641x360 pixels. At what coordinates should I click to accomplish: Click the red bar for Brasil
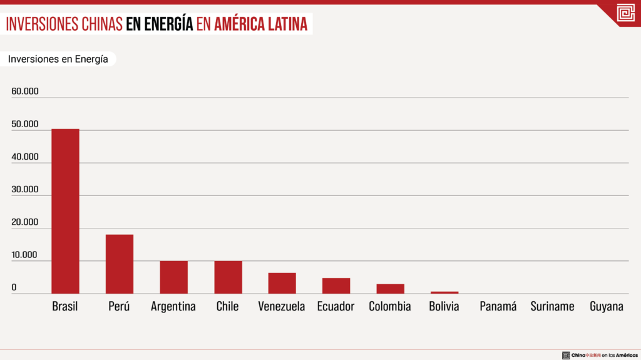(65, 211)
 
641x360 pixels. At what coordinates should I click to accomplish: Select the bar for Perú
(119, 264)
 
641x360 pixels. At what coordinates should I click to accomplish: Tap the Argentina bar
(173, 277)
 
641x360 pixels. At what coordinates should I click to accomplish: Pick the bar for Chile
(228, 277)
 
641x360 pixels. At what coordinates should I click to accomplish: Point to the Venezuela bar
(282, 283)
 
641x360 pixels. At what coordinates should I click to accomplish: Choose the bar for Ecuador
(336, 285)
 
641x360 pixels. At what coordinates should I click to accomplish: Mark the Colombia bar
(390, 289)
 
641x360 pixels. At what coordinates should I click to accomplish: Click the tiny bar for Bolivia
(444, 292)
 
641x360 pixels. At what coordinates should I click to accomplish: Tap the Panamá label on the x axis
(498, 307)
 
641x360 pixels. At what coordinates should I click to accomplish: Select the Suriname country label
(552, 307)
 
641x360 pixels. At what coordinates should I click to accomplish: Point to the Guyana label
(607, 307)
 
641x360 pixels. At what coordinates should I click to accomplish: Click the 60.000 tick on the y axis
(25, 91)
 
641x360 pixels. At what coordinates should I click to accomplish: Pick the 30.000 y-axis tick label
(25, 190)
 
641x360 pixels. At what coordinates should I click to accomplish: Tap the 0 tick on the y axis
(14, 287)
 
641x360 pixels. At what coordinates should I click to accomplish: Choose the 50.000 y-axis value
(25, 124)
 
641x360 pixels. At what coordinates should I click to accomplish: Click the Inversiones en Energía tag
(58, 59)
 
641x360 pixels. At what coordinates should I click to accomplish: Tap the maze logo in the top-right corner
(625, 13)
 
